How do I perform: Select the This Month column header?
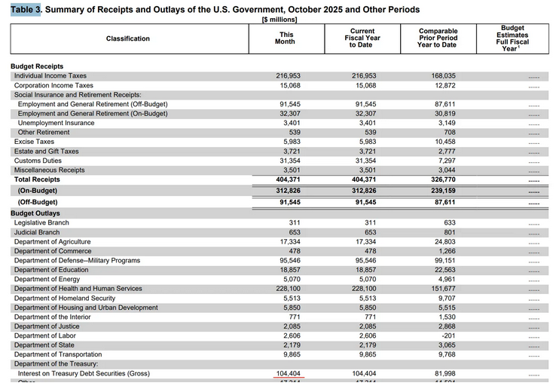286,38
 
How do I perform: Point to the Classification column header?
128,38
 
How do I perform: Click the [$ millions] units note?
279,20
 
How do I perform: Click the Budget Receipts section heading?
37,66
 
